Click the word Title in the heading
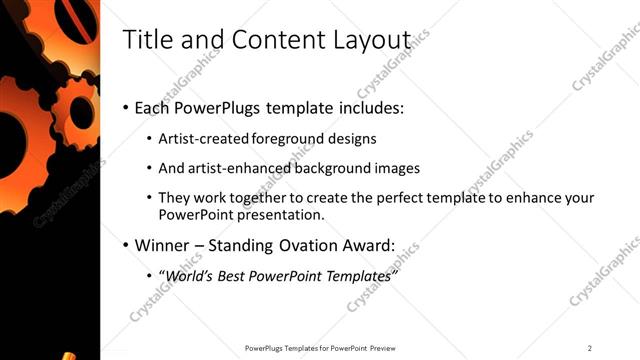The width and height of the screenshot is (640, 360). (x=144, y=40)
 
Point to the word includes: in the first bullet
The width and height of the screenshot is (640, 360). (x=369, y=107)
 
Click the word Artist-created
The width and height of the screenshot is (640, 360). (x=204, y=138)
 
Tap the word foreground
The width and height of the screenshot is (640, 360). (x=289, y=138)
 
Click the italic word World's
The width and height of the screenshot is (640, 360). (x=190, y=275)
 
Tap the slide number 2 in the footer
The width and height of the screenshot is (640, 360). (x=590, y=348)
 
